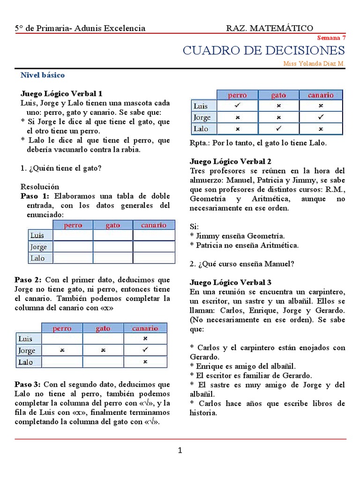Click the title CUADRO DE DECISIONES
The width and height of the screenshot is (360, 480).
263,51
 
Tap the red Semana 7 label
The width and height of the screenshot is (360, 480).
331,37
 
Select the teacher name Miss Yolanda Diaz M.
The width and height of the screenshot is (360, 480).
314,63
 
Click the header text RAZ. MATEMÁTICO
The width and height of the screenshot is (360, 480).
270,29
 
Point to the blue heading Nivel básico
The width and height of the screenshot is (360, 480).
43,75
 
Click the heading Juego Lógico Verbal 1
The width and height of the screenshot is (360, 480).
61,93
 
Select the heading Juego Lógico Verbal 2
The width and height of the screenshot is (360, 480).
231,161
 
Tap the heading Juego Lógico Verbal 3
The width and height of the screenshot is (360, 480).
231,282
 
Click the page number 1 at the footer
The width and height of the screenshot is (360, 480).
180,451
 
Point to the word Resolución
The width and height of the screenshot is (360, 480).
40,186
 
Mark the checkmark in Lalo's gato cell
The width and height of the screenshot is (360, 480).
278,128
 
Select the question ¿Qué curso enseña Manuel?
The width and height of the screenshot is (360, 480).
242,264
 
